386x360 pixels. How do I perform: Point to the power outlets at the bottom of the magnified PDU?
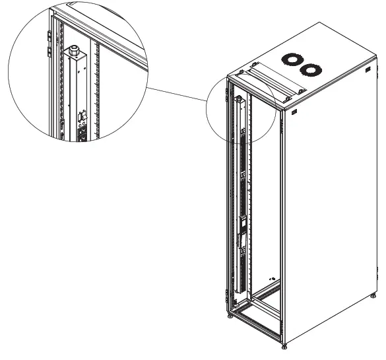(x=84, y=133)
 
